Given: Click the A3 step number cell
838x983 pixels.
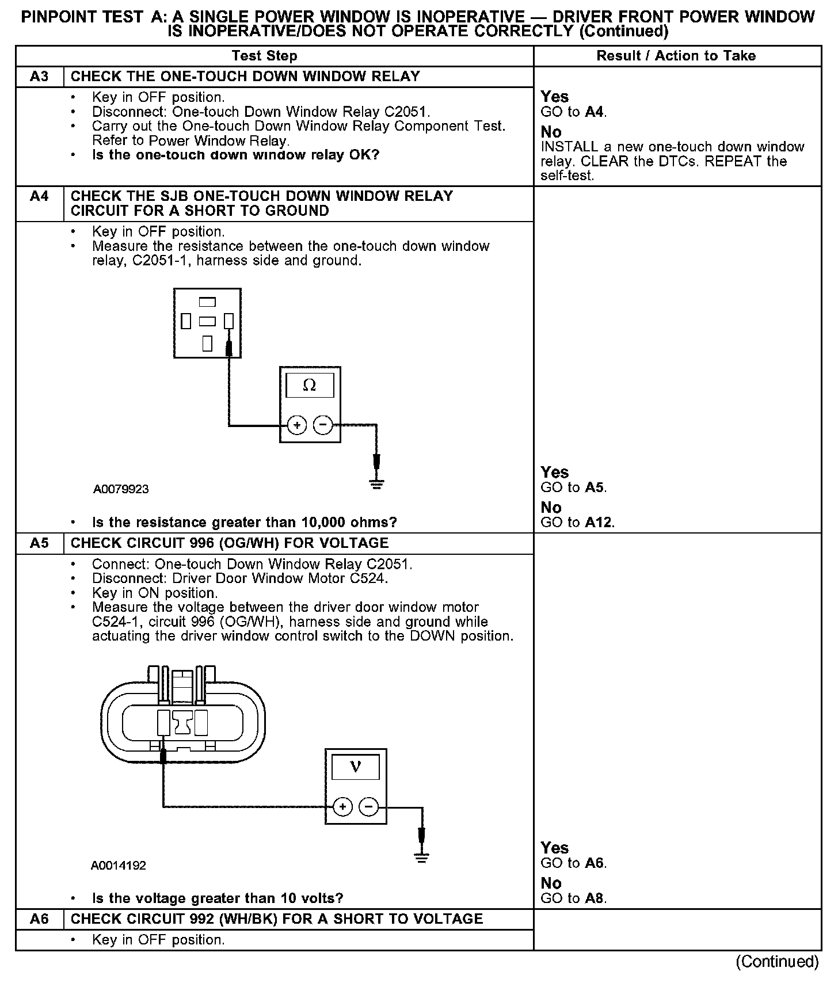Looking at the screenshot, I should tap(39, 77).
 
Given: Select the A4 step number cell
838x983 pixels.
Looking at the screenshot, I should tap(39, 196).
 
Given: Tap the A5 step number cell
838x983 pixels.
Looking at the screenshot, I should tap(39, 543).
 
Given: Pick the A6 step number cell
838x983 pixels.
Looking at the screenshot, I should tap(39, 919).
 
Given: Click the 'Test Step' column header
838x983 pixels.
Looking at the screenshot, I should tap(264, 56).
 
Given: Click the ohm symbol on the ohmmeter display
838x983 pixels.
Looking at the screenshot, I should tap(310, 386).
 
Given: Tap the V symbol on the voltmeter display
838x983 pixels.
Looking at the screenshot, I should tap(355, 767).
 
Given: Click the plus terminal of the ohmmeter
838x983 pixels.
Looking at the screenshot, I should tap(297, 426).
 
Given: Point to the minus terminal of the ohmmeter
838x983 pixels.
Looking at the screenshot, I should tap(323, 426).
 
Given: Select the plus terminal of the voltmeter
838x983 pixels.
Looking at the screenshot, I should tap(342, 807).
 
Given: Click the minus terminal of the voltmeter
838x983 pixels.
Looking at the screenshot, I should tap(369, 807).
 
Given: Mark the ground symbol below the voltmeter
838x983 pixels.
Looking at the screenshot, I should tap(422, 859).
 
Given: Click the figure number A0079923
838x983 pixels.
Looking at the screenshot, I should tap(121, 489).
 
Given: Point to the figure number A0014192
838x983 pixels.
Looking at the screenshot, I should tap(118, 866).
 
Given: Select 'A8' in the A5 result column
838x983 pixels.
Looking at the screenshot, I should tap(596, 898).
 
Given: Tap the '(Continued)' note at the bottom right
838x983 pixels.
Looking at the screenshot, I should tap(777, 962).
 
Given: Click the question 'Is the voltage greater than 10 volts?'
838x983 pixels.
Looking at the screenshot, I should tap(218, 898).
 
